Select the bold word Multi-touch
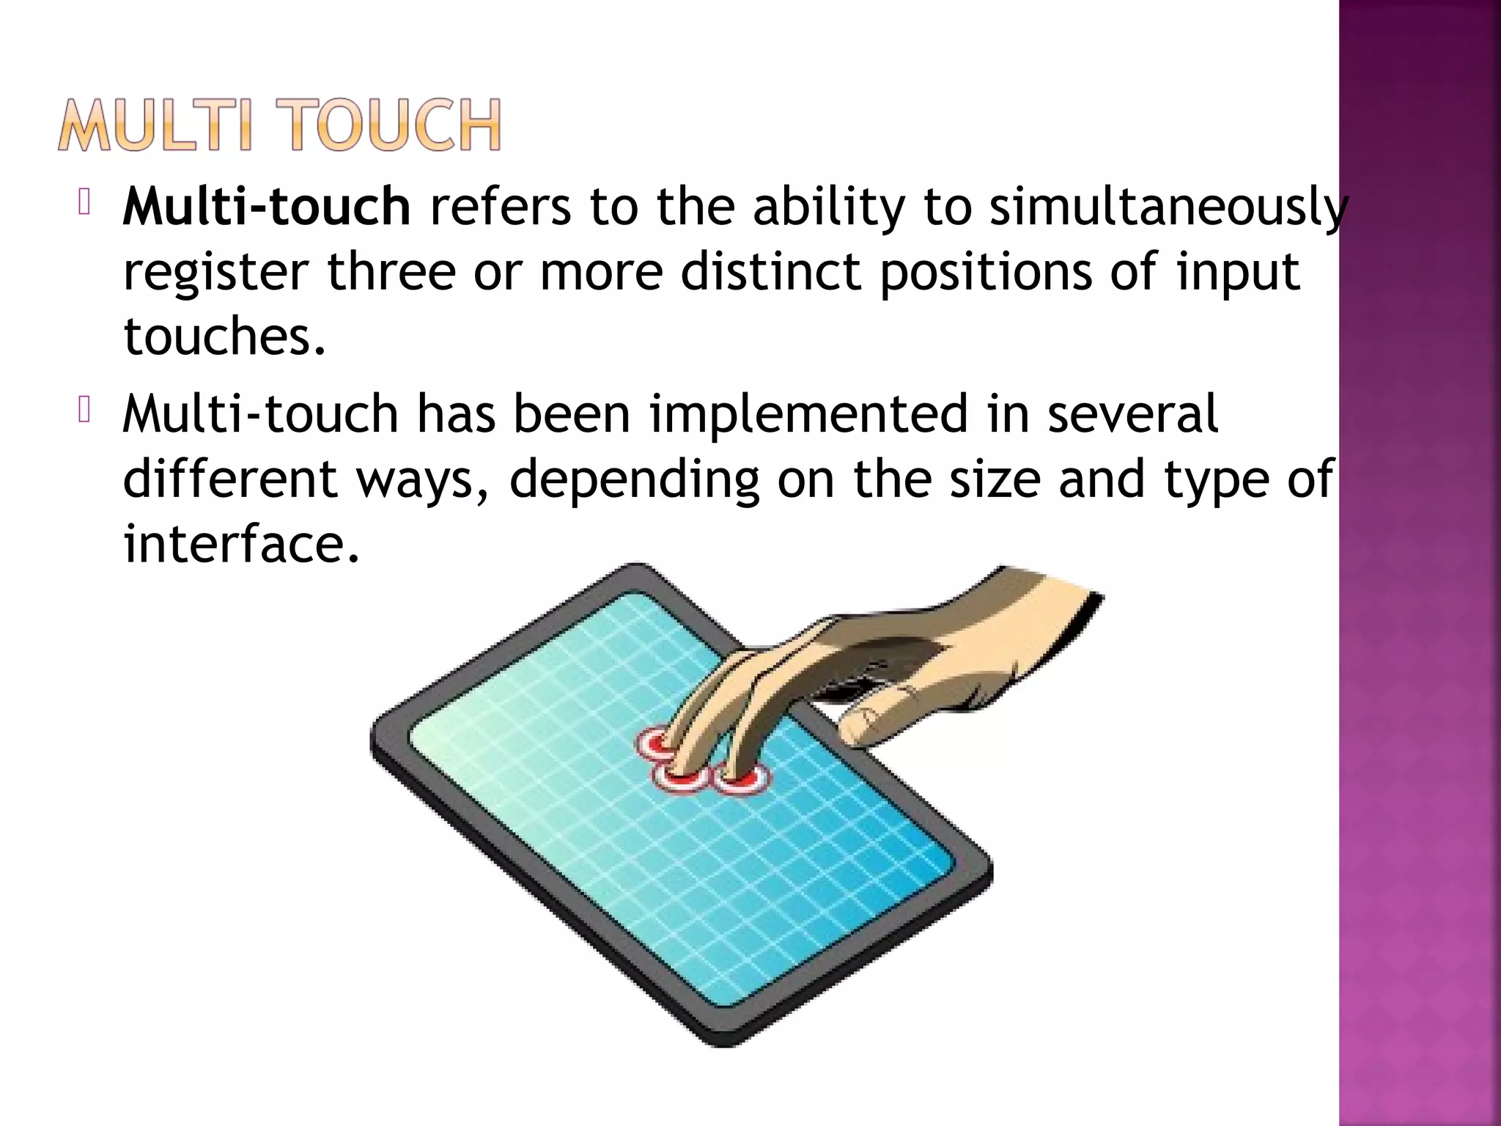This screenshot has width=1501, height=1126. (267, 207)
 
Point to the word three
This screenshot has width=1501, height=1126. (391, 271)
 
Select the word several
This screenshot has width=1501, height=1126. (1132, 414)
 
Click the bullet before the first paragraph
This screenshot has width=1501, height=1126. (84, 203)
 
